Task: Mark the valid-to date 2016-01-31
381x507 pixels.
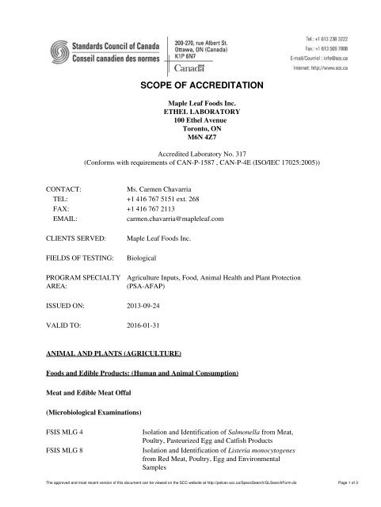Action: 147,326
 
